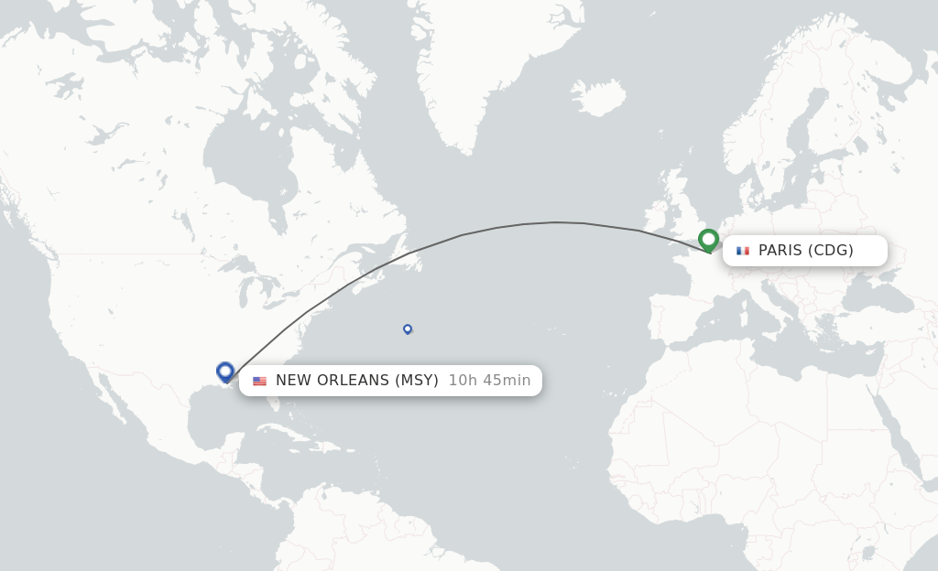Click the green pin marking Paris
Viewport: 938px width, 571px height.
coord(708,240)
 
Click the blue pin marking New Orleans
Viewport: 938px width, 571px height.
coord(225,372)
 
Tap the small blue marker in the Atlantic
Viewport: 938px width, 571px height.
coord(408,329)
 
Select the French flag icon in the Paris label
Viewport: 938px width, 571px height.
coord(742,251)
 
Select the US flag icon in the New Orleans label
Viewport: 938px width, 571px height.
coord(259,381)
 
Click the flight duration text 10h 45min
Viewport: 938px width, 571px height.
coord(489,381)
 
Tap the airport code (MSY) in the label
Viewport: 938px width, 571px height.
coord(417,381)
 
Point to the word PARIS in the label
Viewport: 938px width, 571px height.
coord(780,251)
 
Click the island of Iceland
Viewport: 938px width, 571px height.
coord(597,97)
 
